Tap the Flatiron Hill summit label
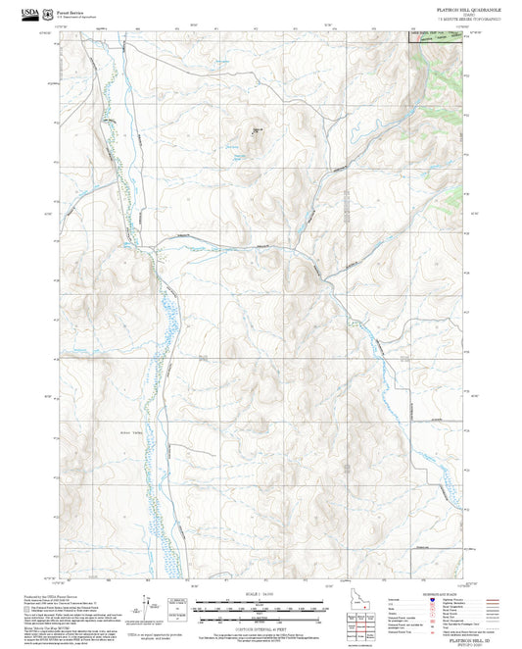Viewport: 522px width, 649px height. [x=259, y=125]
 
